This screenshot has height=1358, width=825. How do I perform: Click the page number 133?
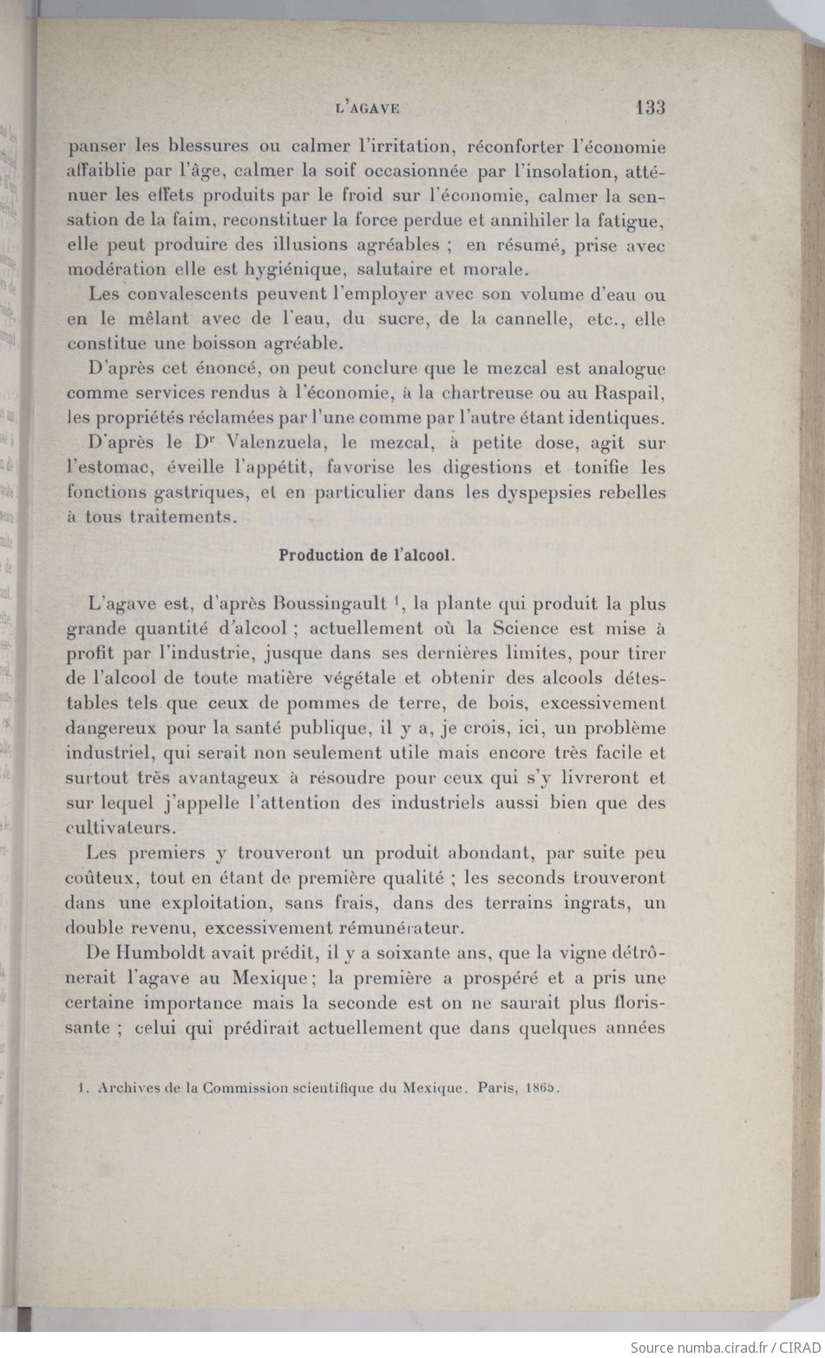649,108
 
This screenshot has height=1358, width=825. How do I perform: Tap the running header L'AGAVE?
366,108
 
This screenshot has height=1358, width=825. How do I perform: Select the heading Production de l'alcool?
365,556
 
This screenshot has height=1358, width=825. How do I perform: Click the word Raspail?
627,392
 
